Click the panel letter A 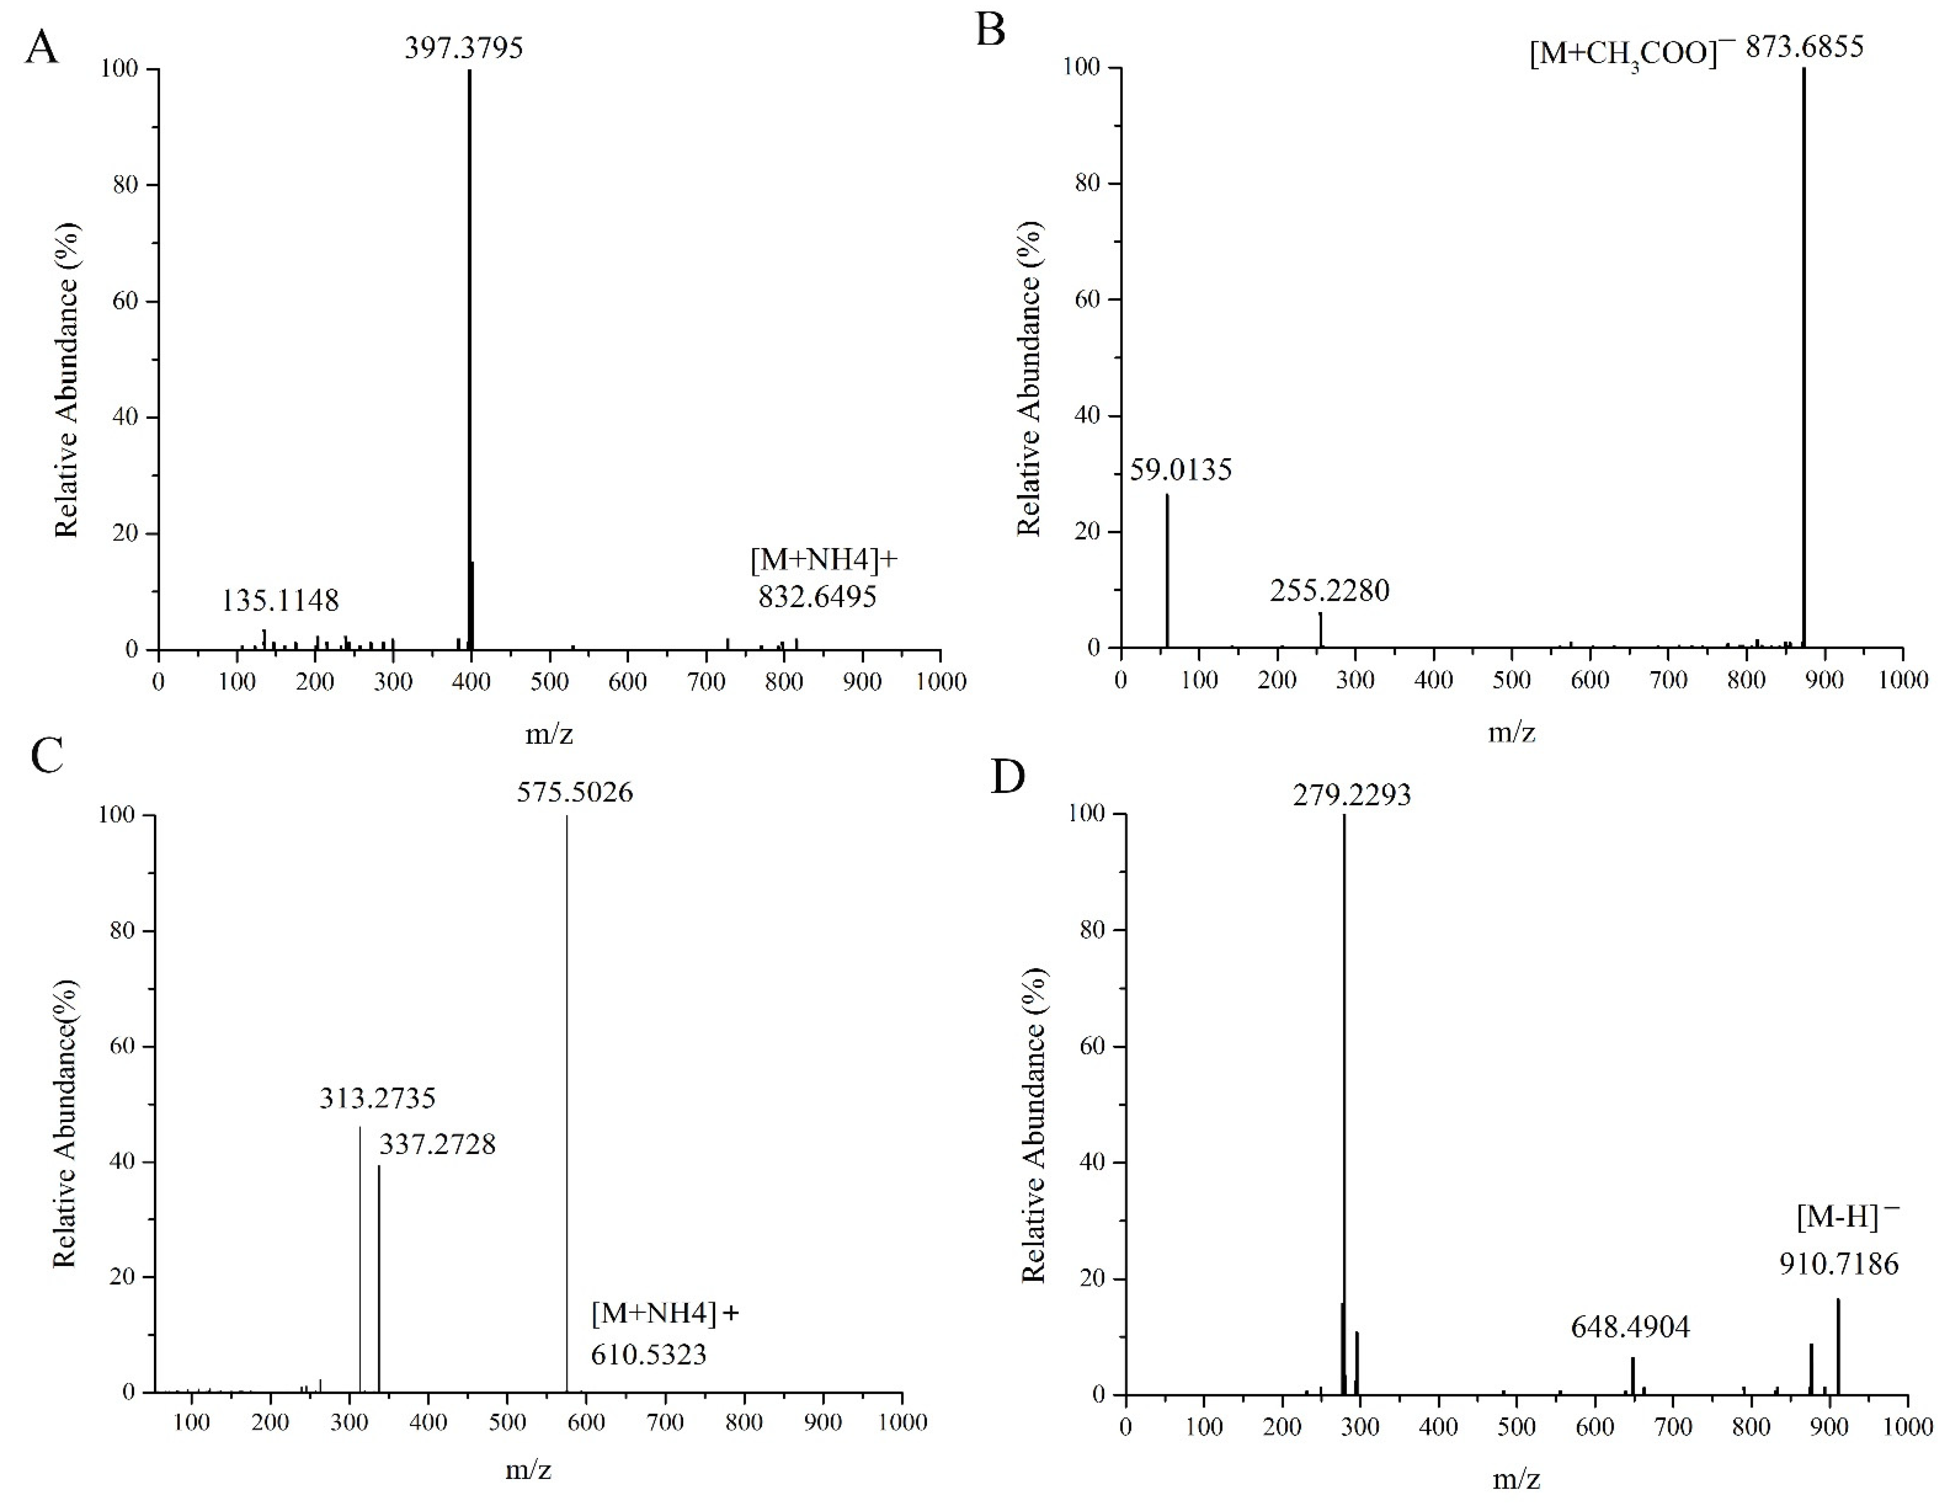click(x=42, y=47)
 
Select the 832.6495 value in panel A click(x=817, y=596)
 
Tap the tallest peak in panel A click(x=469, y=356)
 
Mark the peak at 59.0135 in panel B click(x=1167, y=570)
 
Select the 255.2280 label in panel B click(x=1329, y=589)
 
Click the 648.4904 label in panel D click(x=1630, y=1327)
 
